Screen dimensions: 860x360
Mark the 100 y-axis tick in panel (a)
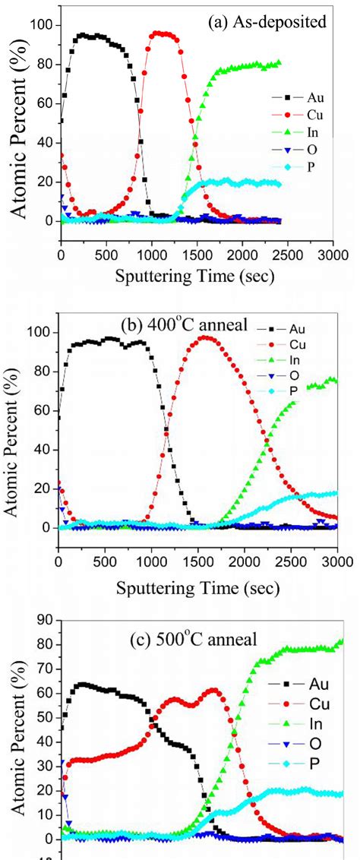click(x=41, y=25)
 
